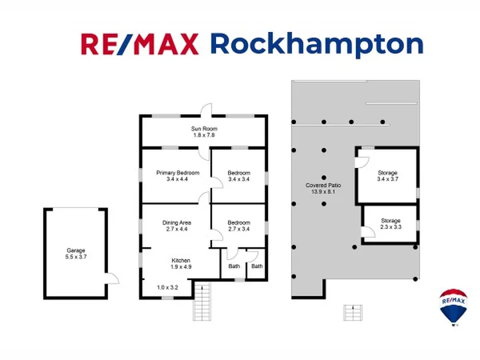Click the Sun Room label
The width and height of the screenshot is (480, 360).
click(x=204, y=129)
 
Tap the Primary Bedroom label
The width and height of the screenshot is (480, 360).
click(x=177, y=173)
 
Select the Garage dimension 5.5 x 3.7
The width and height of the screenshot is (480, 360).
click(x=76, y=257)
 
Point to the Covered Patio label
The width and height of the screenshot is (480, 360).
click(x=323, y=185)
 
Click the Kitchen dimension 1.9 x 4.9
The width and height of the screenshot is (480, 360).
click(x=181, y=267)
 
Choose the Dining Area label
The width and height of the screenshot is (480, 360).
click(x=177, y=223)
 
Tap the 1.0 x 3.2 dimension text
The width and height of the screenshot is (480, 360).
click(x=167, y=287)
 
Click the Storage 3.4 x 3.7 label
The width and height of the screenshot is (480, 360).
click(x=387, y=176)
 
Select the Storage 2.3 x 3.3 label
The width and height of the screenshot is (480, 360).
click(x=391, y=224)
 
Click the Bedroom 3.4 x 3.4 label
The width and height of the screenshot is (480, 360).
click(x=239, y=176)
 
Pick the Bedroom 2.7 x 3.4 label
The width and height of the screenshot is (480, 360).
click(x=239, y=226)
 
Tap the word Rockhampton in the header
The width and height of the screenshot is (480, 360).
click(x=317, y=45)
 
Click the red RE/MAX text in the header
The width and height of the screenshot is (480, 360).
click(x=140, y=44)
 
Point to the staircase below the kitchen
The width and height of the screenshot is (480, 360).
click(x=202, y=301)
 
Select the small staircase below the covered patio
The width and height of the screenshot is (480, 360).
click(x=353, y=313)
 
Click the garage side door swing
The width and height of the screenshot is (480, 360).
click(x=112, y=279)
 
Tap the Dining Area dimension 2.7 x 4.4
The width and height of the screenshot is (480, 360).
click(x=177, y=229)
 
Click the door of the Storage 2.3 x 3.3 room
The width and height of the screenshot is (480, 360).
click(x=368, y=232)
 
